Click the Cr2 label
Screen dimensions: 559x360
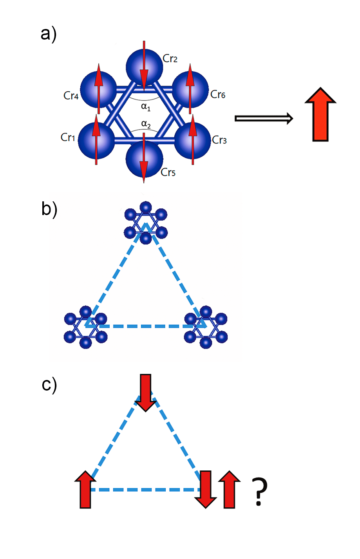coord(170,59)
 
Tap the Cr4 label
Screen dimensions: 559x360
coord(71,96)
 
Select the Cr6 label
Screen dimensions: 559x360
coord(218,94)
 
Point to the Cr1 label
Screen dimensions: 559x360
coord(68,137)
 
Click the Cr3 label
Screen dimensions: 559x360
coord(220,140)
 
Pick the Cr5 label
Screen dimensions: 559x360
coord(168,172)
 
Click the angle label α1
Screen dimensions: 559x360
coord(146,107)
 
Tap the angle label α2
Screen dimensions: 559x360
coord(146,124)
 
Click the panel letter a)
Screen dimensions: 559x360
coord(49,34)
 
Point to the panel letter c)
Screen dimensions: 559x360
coord(49,384)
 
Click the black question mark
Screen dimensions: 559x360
coord(259,491)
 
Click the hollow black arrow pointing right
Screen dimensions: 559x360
coord(264,118)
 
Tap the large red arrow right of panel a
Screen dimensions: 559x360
coord(320,114)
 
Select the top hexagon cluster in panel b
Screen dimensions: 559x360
coord(146,223)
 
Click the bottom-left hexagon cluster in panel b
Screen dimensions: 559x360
coord(85,327)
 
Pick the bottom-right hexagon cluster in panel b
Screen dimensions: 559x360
coord(206,327)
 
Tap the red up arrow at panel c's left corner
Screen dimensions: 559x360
coord(85,490)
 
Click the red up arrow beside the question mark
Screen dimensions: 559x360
coord(229,490)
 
